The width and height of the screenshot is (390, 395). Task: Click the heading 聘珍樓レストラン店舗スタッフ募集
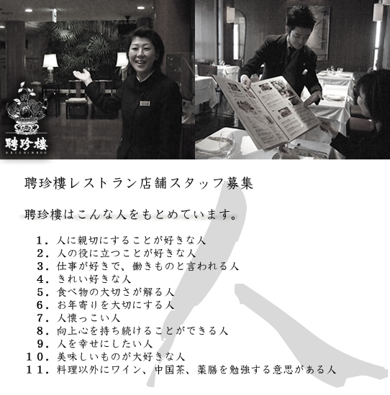[x=137, y=184]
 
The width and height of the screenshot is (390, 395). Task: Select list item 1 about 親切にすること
[x=120, y=240]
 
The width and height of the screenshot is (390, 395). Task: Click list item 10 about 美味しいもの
[x=108, y=357]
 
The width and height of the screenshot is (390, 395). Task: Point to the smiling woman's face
[x=137, y=55]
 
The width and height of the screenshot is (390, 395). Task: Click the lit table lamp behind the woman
[x=50, y=62]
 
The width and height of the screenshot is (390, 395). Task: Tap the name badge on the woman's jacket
[x=144, y=103]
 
